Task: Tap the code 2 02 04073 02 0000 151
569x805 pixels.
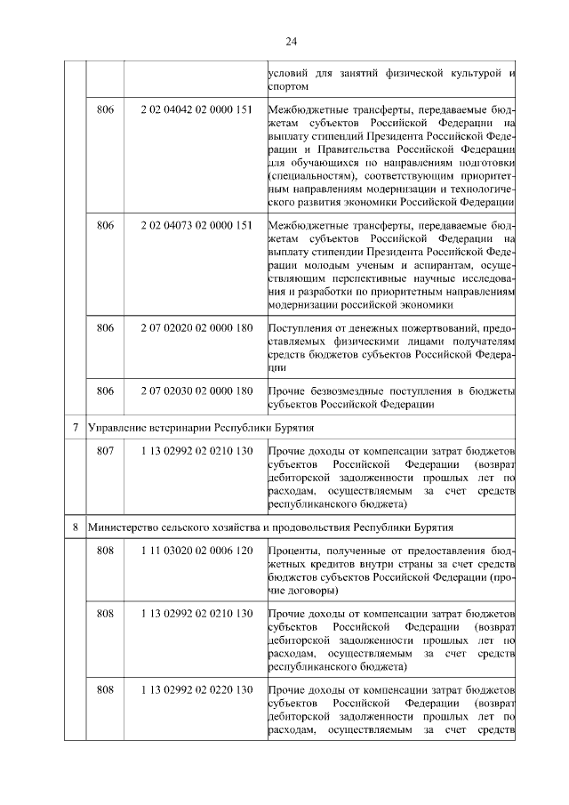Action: (196, 225)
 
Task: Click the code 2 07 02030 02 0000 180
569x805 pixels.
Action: (196, 390)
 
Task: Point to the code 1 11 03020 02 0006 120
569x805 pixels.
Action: (196, 551)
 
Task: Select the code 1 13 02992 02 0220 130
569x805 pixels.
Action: (196, 690)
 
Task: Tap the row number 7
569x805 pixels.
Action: (76, 429)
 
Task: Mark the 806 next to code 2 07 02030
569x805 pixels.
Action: (105, 390)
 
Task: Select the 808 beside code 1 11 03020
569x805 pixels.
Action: (105, 551)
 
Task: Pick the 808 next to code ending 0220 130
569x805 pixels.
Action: (105, 690)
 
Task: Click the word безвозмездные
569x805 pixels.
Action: (350, 390)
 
